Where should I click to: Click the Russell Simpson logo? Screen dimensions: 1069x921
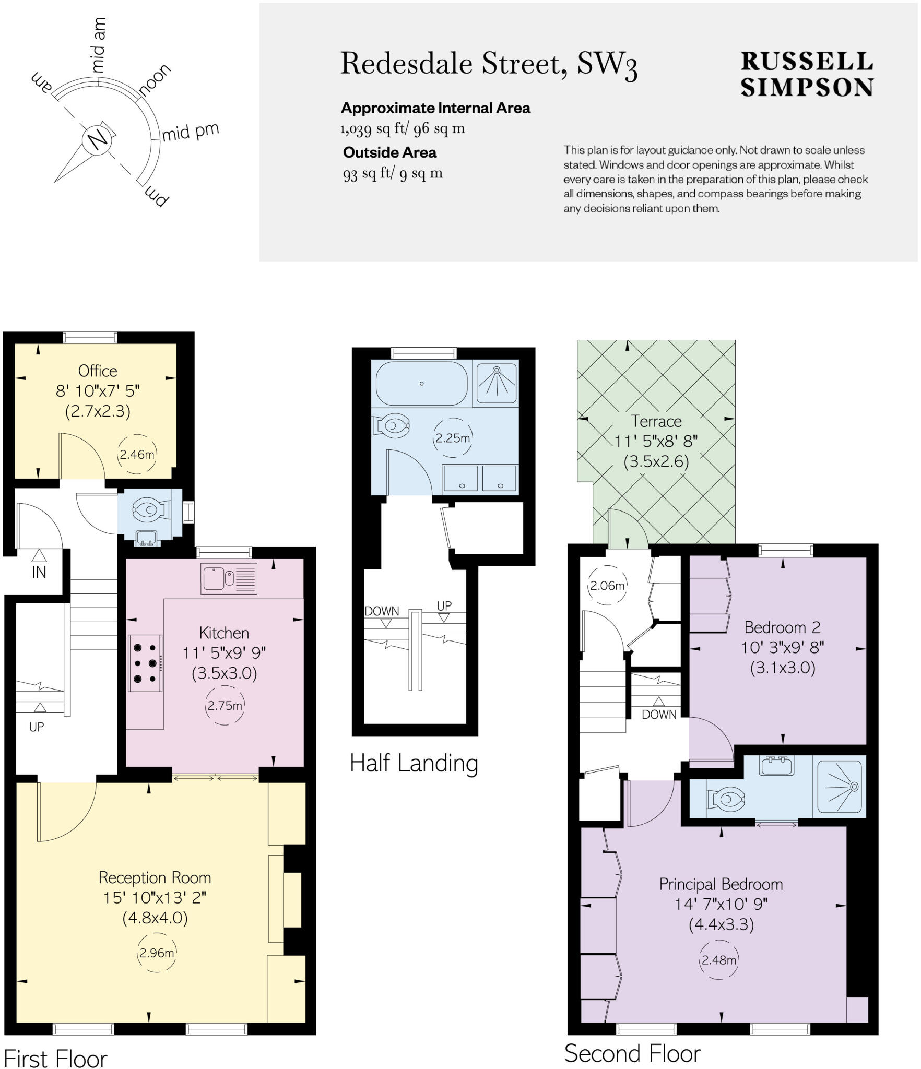point(807,74)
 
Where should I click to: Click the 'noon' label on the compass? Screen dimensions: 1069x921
point(155,79)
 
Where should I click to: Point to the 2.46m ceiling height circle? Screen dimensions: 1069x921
point(137,454)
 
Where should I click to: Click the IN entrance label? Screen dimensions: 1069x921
point(39,573)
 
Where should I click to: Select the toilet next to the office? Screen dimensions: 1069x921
point(150,509)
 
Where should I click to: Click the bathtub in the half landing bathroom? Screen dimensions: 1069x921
point(422,383)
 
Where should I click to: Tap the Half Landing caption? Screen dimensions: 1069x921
point(414,763)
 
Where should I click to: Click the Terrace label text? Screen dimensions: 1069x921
point(656,421)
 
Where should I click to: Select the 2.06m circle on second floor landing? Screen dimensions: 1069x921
point(607,586)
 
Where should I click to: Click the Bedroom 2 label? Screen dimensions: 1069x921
point(782,627)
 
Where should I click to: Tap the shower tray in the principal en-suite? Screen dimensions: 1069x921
point(839,787)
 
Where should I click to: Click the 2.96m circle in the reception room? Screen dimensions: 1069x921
point(156,953)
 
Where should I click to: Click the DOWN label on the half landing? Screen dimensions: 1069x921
point(382,611)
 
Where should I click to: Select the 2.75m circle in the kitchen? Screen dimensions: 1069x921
point(225,706)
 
